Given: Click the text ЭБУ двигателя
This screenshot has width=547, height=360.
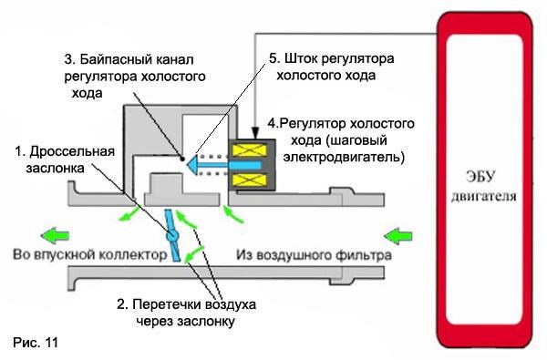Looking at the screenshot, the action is (x=483, y=186).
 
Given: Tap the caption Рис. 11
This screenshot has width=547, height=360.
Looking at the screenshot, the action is (x=36, y=342).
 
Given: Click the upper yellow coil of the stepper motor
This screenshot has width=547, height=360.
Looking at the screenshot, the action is (x=250, y=150).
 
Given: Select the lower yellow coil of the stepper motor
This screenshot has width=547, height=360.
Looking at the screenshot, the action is (x=250, y=180).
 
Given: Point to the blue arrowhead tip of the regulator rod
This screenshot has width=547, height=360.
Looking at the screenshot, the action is (x=185, y=165).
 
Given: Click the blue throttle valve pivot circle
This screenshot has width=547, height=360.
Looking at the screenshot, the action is (x=172, y=235).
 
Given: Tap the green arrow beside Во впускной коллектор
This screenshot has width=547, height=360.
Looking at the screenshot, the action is (x=55, y=236).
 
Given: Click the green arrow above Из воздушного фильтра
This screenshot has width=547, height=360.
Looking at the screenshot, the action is (x=397, y=237).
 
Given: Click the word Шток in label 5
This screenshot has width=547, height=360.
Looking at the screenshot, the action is (x=301, y=58).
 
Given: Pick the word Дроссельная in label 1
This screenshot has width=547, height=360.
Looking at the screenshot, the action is (x=72, y=151).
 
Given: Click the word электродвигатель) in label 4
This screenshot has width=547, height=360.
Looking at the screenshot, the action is (x=344, y=157).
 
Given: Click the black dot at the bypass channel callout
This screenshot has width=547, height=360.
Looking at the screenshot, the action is (x=182, y=159).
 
